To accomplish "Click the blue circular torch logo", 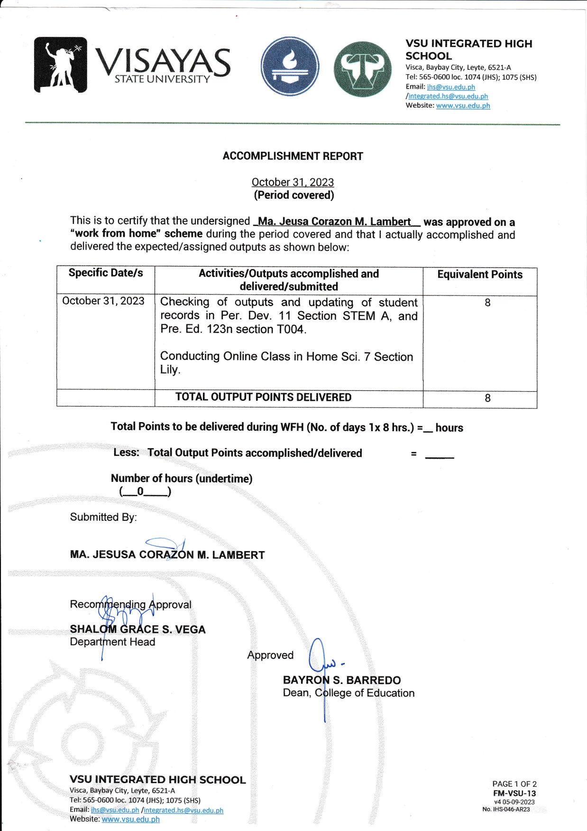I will (x=290, y=66).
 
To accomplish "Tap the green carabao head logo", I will (x=363, y=69).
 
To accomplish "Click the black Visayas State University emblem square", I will (x=60, y=65).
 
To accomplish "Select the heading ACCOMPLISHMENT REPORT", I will (x=293, y=156).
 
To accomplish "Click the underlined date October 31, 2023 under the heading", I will (x=293, y=182).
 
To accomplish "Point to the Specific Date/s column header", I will (x=106, y=273).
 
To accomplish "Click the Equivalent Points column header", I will (x=479, y=275).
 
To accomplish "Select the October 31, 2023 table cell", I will (x=103, y=301).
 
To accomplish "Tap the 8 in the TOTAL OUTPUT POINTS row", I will (x=487, y=398).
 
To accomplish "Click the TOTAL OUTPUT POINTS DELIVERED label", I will (x=263, y=397).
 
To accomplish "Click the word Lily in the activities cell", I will (x=169, y=370).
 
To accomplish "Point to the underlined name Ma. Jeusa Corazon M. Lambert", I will (x=334, y=222).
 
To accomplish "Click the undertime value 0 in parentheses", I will (x=140, y=491).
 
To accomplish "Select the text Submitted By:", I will (x=103, y=517).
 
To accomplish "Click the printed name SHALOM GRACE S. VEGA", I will (x=138, y=629).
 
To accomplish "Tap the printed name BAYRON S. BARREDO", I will (x=341, y=680).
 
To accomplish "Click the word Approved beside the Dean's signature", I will (x=270, y=655).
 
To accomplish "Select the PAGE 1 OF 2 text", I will (x=514, y=784).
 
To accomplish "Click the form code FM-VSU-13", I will (x=514, y=793).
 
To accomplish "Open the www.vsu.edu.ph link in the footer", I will (x=130, y=819).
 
